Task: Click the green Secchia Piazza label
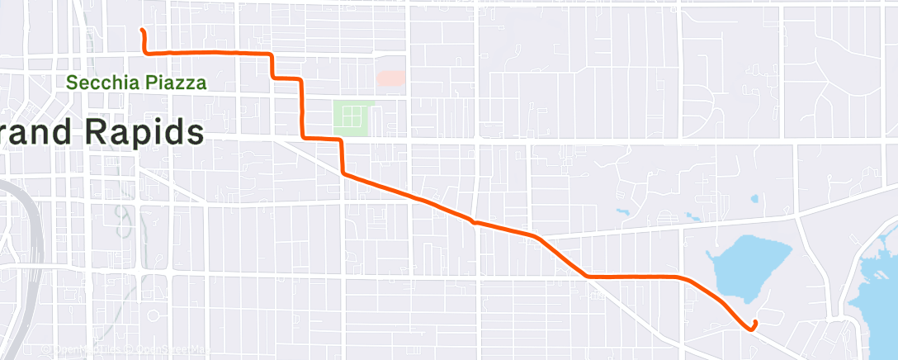[x=136, y=83]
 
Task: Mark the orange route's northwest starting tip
[x=142, y=31]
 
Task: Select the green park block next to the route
[x=353, y=118]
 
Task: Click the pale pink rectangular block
[x=391, y=78]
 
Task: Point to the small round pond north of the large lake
[x=754, y=199]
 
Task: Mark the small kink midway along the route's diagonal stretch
[x=473, y=221]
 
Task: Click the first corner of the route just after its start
[x=147, y=53]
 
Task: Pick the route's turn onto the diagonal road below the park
[x=343, y=173]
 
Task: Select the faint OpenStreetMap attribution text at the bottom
[x=124, y=350]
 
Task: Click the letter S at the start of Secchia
[x=72, y=83]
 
